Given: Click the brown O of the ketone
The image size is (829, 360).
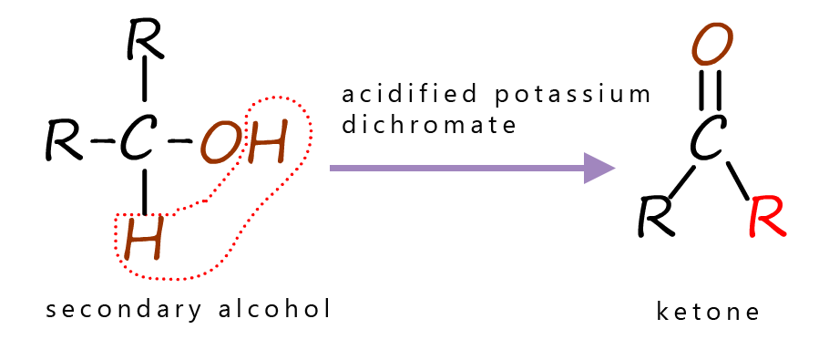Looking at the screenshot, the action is tap(711, 46).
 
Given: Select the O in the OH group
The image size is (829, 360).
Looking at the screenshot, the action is tap(221, 144).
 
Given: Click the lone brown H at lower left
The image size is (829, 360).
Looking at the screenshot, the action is tap(144, 240).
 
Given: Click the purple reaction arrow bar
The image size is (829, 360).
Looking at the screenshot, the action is tap(473, 168).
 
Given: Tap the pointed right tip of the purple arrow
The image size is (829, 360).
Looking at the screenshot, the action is tap(615, 168).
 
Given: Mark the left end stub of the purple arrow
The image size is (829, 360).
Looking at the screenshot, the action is tap(332, 168).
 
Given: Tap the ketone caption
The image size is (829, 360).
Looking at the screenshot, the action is tap(707, 312).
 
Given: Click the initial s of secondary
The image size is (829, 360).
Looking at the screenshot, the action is tap(51, 312).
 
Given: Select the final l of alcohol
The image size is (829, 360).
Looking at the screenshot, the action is tap(324, 309).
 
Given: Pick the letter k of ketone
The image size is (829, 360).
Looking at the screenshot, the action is tap(662, 312).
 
